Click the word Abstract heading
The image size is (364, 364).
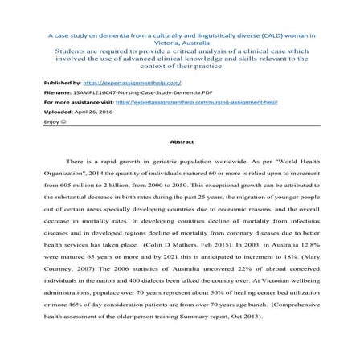point(182,140)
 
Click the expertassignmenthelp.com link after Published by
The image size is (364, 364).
point(132,82)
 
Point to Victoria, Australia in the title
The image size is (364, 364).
point(181,44)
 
